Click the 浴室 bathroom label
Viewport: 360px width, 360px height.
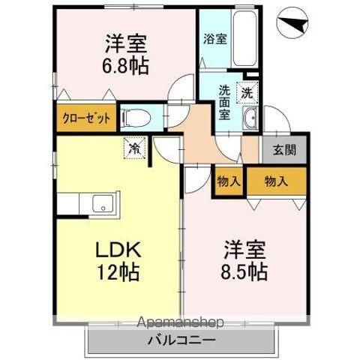214,39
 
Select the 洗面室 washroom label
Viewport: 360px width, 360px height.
225,102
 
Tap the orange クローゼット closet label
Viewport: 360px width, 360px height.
86,118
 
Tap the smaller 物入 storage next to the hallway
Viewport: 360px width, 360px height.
228,181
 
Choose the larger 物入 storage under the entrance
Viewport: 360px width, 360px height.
277,181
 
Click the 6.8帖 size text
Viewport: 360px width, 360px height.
125,64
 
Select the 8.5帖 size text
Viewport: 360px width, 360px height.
244,271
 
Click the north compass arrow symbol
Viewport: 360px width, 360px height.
292,25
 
